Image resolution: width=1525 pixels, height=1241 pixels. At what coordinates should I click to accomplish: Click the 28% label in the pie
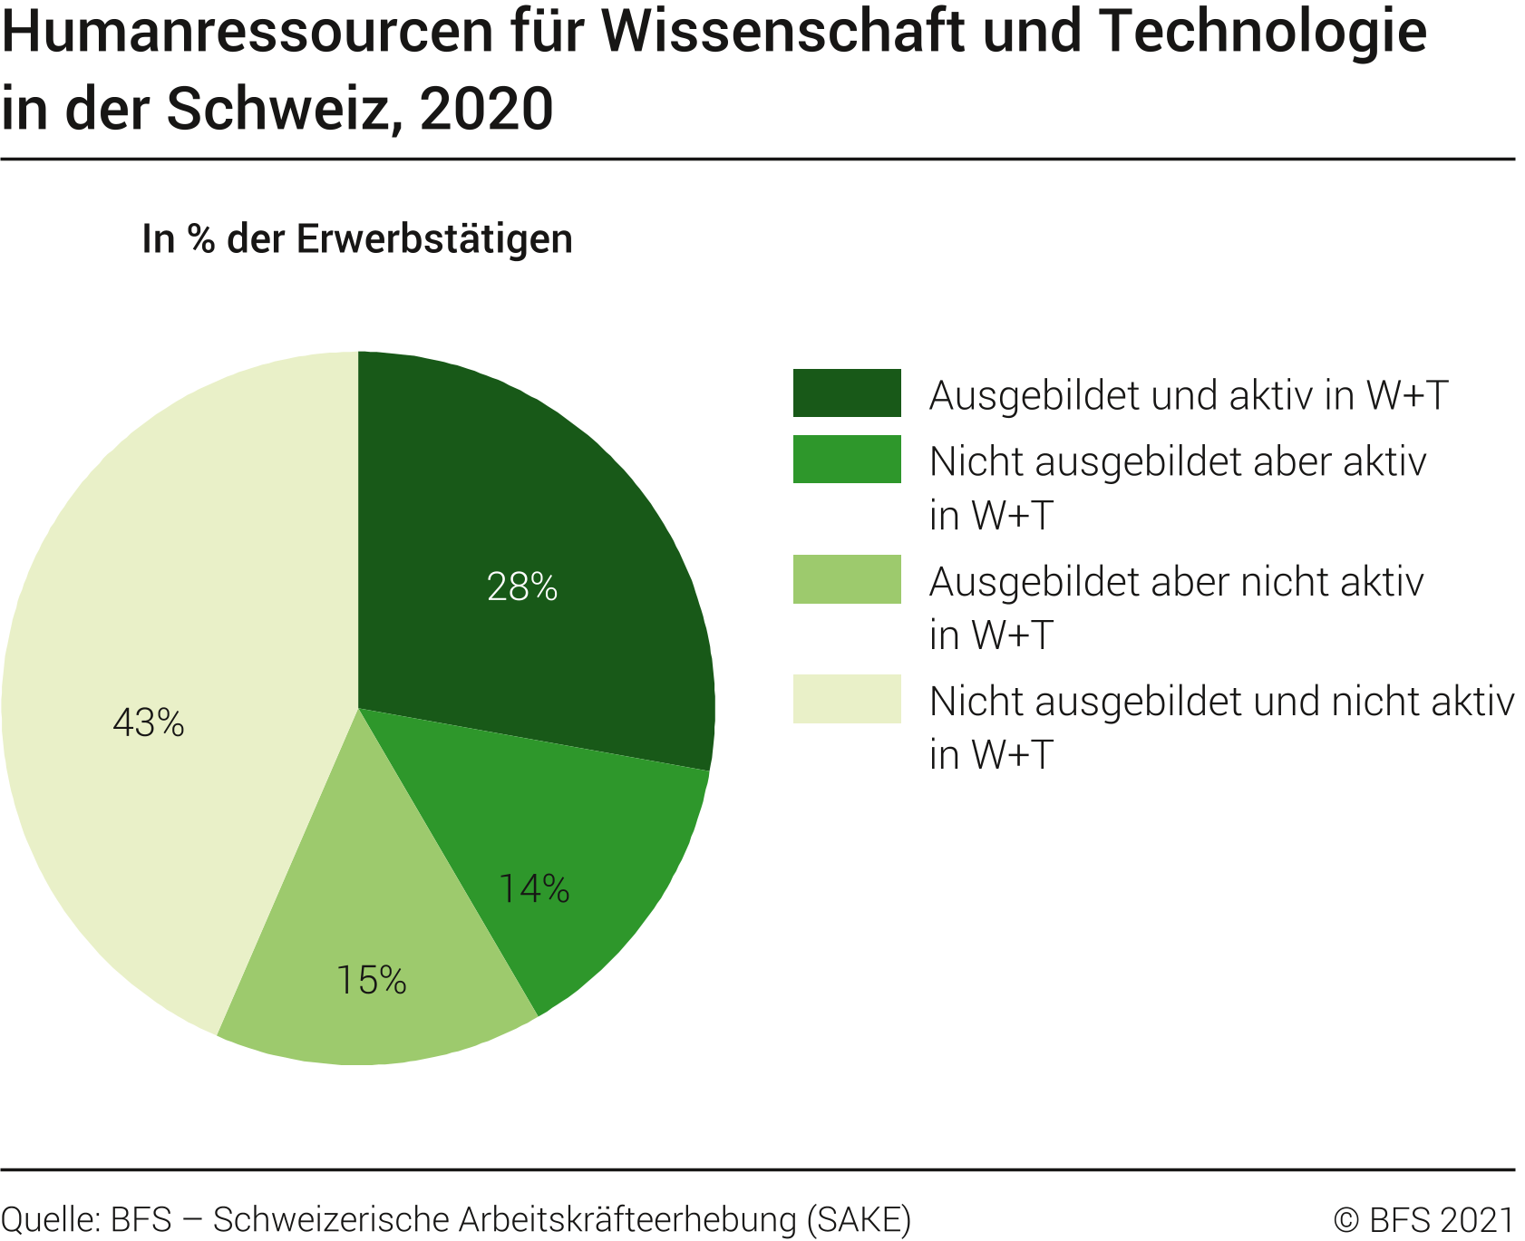(x=522, y=587)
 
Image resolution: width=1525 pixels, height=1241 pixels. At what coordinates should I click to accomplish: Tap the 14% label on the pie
(x=534, y=888)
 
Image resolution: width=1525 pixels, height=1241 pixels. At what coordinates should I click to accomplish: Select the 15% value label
(x=371, y=980)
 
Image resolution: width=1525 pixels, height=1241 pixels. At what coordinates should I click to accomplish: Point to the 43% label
(x=149, y=722)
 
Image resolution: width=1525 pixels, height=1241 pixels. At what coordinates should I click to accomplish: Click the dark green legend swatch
(x=847, y=393)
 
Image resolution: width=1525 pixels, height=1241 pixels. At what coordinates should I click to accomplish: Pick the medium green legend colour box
(x=847, y=460)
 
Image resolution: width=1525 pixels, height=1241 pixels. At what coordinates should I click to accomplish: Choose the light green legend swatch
(x=847, y=579)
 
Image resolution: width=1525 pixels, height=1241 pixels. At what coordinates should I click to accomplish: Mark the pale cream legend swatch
(x=847, y=699)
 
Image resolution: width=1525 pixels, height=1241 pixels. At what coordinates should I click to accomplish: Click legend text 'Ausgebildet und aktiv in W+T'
(x=1189, y=395)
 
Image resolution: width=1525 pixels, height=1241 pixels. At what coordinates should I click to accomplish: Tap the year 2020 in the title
(x=486, y=109)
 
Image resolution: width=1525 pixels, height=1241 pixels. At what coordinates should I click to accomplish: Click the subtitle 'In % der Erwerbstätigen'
(x=357, y=239)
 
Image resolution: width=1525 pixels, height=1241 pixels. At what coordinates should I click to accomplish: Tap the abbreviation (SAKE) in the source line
(x=859, y=1220)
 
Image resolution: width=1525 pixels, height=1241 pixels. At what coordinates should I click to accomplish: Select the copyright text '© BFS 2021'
(x=1423, y=1220)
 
